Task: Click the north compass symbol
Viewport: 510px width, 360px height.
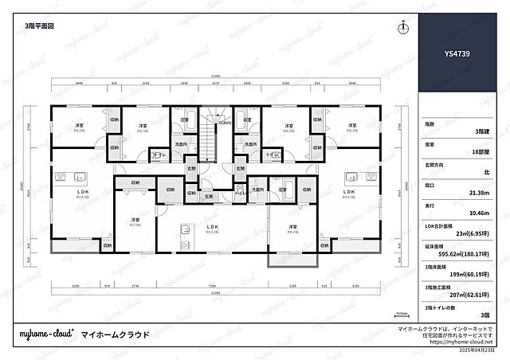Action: click(x=404, y=27)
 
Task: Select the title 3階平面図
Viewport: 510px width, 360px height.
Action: click(x=40, y=25)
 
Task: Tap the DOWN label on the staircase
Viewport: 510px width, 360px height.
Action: click(x=225, y=123)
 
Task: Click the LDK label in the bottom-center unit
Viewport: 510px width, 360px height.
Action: click(x=212, y=227)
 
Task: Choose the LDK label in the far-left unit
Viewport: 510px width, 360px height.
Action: click(x=80, y=192)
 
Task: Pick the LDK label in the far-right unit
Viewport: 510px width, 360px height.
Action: click(x=348, y=192)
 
